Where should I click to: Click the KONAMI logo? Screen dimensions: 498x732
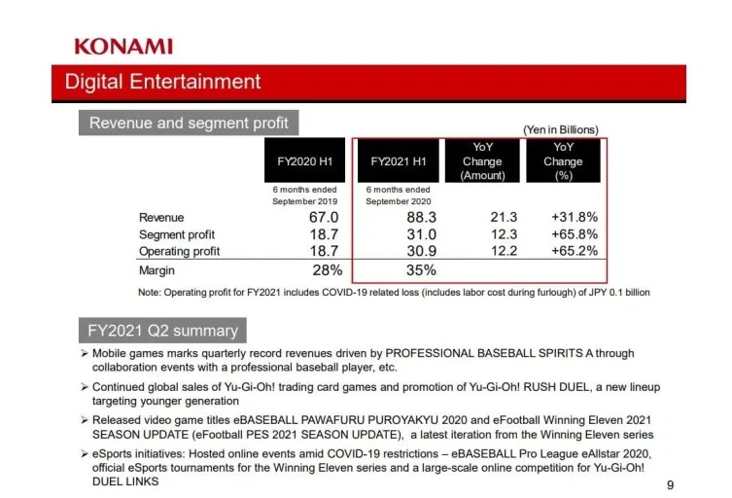123,46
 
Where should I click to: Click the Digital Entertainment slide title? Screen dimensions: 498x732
162,82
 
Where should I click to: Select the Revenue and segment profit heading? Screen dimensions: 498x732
189,123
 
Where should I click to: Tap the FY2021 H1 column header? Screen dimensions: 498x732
398,161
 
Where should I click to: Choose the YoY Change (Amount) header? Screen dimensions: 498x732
483,161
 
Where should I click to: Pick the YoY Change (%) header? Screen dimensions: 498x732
563,161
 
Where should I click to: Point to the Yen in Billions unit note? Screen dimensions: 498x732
561,129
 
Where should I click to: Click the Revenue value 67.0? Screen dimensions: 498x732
323,217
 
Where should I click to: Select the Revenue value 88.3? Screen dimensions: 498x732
420,217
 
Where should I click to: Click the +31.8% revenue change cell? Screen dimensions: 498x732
574,217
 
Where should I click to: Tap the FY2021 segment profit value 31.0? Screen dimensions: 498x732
421,234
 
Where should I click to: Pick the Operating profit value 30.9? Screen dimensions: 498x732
421,251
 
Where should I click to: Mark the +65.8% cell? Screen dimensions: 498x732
574,234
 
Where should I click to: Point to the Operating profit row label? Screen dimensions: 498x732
179,251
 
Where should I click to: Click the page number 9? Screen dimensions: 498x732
670,484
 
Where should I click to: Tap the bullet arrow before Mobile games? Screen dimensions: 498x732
85,352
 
